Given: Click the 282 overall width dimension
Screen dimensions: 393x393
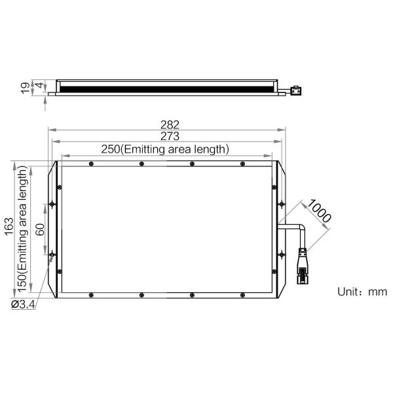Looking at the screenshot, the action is [x=170, y=124].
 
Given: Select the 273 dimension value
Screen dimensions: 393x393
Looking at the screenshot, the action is [x=170, y=136].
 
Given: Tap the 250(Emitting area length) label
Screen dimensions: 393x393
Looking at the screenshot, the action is [x=165, y=149].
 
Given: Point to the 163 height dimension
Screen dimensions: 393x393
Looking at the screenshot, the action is [x=9, y=227].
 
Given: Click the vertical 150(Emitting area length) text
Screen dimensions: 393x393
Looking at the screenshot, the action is [x=22, y=229].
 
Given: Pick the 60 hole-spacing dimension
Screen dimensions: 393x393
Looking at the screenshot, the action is [x=40, y=230].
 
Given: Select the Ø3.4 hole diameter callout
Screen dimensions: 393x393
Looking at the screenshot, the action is [x=23, y=305].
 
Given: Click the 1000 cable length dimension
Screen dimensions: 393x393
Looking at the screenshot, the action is [x=319, y=211].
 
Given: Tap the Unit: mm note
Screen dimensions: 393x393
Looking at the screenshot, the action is [x=362, y=291].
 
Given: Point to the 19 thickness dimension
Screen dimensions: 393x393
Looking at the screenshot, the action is [x=25, y=88].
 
